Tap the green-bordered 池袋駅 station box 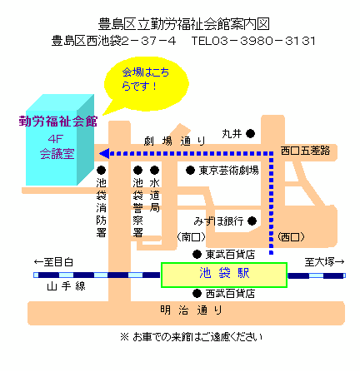[224, 275]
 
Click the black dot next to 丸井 [250, 134]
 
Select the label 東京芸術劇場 [228, 170]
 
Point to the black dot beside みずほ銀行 [252, 221]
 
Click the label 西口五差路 [305, 151]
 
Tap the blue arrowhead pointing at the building [104, 153]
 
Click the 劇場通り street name [174, 141]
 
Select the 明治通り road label [191, 310]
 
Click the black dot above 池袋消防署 [101, 170]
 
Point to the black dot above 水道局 [154, 170]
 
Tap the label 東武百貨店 [230, 255]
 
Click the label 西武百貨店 [230, 294]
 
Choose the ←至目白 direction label [53, 262]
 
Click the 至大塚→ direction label [324, 262]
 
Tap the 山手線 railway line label [66, 286]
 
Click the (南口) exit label [191, 237]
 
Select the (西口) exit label [291, 237]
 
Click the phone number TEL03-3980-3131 [253, 41]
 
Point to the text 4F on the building [56, 139]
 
